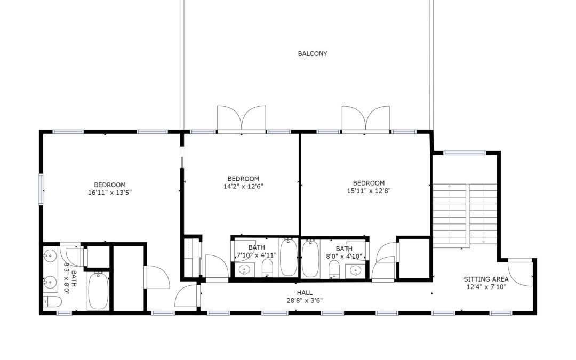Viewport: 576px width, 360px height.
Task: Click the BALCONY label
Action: (x=312, y=54)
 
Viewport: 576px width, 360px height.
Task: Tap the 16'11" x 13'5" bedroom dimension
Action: (x=110, y=192)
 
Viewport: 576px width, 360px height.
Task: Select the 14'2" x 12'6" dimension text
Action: (x=243, y=186)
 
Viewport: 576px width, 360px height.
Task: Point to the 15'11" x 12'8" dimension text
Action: (x=369, y=190)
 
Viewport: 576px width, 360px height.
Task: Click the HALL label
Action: (x=305, y=293)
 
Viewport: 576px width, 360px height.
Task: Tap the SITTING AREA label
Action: (x=486, y=279)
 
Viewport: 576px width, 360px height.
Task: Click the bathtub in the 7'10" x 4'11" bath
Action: (x=289, y=257)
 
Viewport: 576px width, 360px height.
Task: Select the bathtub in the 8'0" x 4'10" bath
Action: (x=311, y=259)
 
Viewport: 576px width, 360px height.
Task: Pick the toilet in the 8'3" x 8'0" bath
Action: (x=52, y=302)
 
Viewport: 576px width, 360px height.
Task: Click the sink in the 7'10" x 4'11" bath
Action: (x=244, y=270)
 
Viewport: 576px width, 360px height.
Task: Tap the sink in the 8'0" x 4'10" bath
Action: (x=355, y=271)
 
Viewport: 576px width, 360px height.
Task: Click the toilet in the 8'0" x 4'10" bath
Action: (x=334, y=269)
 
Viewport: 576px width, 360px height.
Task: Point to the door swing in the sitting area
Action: (x=520, y=272)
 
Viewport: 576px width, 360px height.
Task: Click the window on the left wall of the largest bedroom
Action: (x=41, y=189)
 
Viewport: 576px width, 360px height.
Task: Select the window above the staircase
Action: (x=465, y=153)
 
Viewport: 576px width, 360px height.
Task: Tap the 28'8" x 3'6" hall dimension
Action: (x=305, y=300)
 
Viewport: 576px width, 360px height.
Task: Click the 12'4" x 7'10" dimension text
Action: (x=486, y=287)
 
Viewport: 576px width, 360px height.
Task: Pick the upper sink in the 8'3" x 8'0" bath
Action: (x=50, y=255)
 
